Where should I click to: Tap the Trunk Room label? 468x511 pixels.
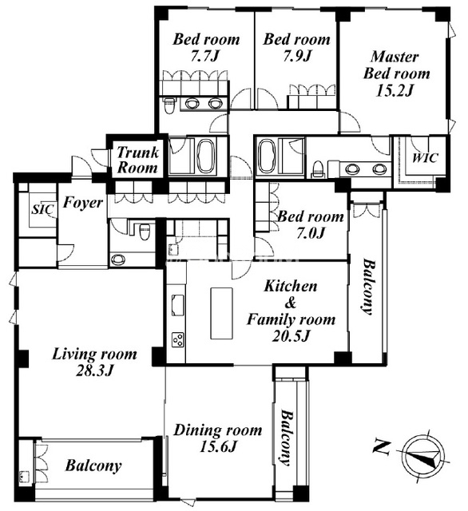(x=137, y=160)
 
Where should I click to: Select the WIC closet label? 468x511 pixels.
(x=425, y=158)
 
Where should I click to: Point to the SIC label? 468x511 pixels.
(x=42, y=209)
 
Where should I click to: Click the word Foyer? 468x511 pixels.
(x=83, y=203)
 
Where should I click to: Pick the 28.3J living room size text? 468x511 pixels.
(x=94, y=370)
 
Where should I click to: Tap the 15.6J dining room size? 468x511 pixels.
(x=217, y=446)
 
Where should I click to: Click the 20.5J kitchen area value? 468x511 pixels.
(x=290, y=335)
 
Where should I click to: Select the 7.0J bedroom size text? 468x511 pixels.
(x=310, y=232)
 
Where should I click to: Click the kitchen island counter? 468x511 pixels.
(x=221, y=313)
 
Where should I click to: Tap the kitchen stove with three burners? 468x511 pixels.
(x=178, y=339)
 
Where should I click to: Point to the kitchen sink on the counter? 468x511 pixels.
(x=177, y=305)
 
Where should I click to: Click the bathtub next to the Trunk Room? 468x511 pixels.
(x=205, y=156)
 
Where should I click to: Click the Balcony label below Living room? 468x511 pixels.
(x=93, y=466)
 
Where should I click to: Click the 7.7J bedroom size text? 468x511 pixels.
(x=204, y=57)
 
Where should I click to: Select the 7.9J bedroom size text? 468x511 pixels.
(x=296, y=56)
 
